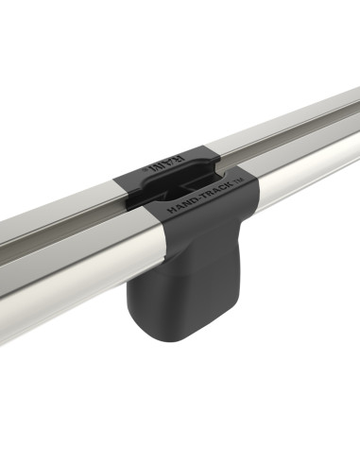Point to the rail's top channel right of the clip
[283, 128]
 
